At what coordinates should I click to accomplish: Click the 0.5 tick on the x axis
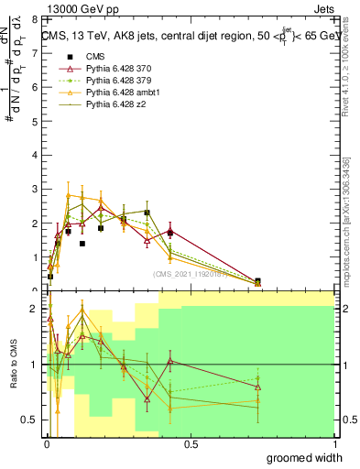pyautogui.click(x=191, y=445)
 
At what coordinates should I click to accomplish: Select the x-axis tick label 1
pyautogui.click(x=333, y=445)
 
